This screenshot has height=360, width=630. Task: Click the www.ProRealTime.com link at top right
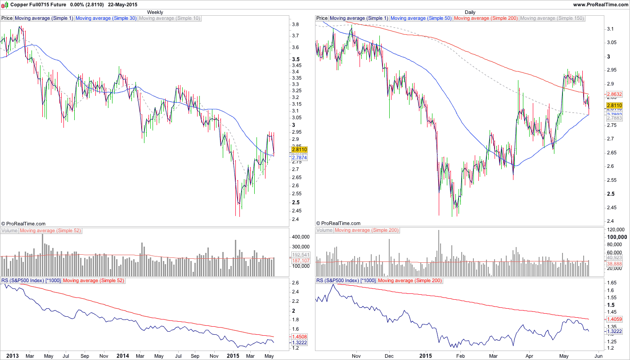click(x=600, y=4)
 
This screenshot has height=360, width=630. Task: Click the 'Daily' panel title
click(x=470, y=12)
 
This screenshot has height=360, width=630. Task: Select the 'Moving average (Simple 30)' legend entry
click(x=106, y=18)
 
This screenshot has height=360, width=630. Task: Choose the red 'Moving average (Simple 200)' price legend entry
click(x=486, y=18)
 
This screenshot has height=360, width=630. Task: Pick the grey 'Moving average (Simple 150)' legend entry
click(x=552, y=18)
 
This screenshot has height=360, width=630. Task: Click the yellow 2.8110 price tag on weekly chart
click(x=299, y=149)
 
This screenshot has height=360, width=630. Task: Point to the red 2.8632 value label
click(x=614, y=94)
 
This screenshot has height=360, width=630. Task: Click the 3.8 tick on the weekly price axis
click(x=296, y=24)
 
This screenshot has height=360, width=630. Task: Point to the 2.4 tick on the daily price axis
click(x=610, y=221)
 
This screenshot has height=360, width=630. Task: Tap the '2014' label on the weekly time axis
click(x=123, y=356)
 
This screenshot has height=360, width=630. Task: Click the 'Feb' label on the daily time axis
click(x=460, y=356)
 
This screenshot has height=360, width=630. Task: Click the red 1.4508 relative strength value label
click(x=300, y=337)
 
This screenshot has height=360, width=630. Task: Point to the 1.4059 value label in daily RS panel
click(x=614, y=319)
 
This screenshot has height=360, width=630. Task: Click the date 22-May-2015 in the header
click(x=123, y=4)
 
